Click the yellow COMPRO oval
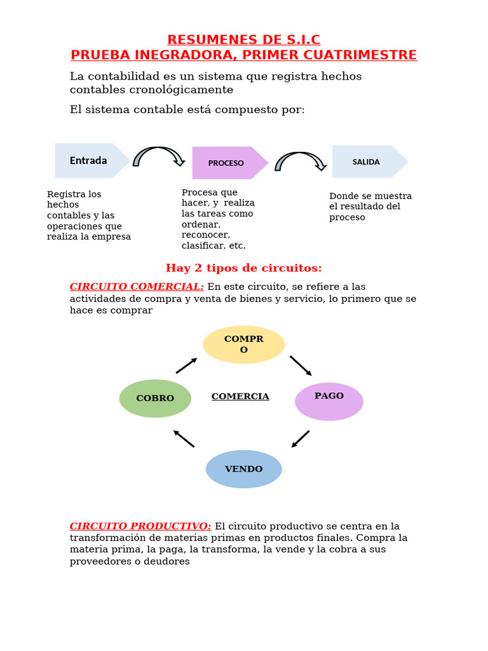pos(244,345)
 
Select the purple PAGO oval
pos(329,402)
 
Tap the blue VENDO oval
pos(244,469)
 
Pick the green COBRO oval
pos(155,398)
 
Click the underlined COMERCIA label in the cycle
pos(240,397)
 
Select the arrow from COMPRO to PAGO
pos(301,366)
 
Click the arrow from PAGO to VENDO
pos(301,439)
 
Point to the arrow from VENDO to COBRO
pos(184,439)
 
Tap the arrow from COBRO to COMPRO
pos(186,366)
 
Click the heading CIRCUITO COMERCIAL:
pos(137,287)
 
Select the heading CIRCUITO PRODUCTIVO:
pos(140,526)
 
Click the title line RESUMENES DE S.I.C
pos(244,40)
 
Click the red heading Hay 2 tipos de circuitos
pos(244,268)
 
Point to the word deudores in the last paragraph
pos(167,561)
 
